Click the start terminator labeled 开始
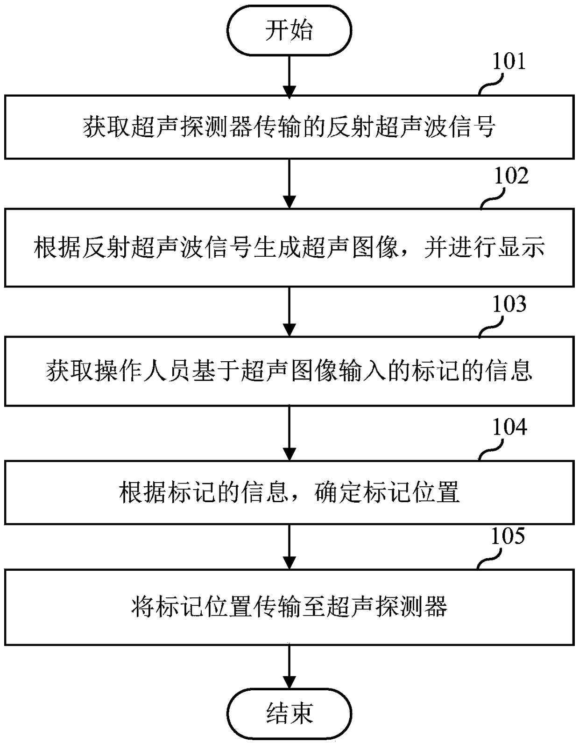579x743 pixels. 289,31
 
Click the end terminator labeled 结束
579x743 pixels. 289,713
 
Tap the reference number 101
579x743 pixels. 509,62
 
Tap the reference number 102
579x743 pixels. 511,176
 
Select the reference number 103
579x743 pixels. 509,304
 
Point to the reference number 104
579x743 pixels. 509,428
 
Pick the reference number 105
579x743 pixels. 508,536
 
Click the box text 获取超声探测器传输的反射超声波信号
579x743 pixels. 289,127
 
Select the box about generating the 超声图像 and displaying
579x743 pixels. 289,247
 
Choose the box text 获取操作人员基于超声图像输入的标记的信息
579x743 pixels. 289,371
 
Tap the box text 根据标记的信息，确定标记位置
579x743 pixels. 289,493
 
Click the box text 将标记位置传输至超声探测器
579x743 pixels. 289,607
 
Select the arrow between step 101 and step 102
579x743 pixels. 289,183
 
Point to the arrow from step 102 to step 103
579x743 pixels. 289,311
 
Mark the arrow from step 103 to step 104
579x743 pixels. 289,433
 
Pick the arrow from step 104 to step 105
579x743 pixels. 289,547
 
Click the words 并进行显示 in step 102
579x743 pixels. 484,247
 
